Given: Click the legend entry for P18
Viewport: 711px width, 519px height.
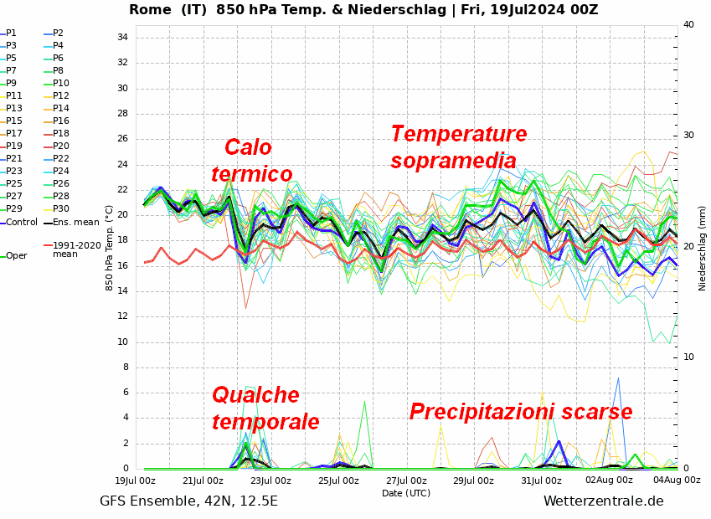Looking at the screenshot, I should click(61, 134).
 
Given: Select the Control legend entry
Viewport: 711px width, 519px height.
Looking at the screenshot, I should click(20, 222).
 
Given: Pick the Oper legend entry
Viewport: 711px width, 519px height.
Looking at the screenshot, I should click(16, 256).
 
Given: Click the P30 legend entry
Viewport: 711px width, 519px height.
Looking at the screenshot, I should click(61, 209).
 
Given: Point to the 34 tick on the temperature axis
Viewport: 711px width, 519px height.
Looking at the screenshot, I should click(121, 38).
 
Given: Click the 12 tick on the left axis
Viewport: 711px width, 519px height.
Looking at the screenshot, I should click(121, 316).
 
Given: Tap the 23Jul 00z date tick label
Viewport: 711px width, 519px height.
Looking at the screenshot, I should click(270, 481).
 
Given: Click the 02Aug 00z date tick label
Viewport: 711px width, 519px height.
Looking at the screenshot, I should click(609, 481).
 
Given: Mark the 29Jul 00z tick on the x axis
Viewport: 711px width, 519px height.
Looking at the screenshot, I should click(473, 481).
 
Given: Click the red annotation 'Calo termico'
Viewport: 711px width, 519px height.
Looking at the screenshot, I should click(251, 161).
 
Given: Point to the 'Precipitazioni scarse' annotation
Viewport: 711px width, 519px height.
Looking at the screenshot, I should click(521, 412).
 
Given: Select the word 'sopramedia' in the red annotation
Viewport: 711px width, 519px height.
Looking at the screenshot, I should click(453, 161).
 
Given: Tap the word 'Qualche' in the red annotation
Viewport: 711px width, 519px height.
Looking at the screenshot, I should click(255, 395).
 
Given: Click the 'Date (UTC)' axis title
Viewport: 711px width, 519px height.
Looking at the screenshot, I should click(405, 494).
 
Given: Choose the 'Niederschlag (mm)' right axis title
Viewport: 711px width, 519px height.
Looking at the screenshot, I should click(703, 248).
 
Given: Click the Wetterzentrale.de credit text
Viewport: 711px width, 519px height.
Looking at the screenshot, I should click(603, 501).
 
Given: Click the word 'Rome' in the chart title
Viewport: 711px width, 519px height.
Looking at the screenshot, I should click(149, 10).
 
